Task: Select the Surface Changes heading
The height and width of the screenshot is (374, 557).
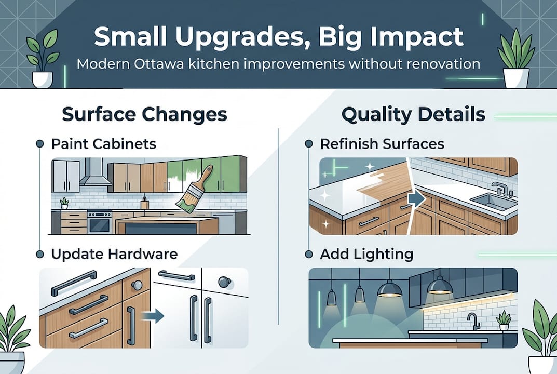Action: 144,114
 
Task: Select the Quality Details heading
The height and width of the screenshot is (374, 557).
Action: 413,114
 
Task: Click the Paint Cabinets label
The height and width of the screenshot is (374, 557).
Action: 103,143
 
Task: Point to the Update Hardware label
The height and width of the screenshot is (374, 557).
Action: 114,254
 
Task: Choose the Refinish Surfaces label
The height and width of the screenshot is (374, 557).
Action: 382,143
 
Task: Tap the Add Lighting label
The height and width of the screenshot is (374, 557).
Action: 366,254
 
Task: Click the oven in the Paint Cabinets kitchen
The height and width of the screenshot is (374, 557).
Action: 99,222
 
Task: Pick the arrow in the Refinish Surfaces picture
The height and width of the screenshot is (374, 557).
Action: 415,198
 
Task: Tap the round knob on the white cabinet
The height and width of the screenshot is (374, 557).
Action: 224,282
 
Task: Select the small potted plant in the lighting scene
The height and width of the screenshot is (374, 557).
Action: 503,320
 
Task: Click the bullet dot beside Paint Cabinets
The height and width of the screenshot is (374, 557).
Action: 39,144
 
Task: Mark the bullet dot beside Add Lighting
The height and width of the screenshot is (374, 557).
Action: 308,255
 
